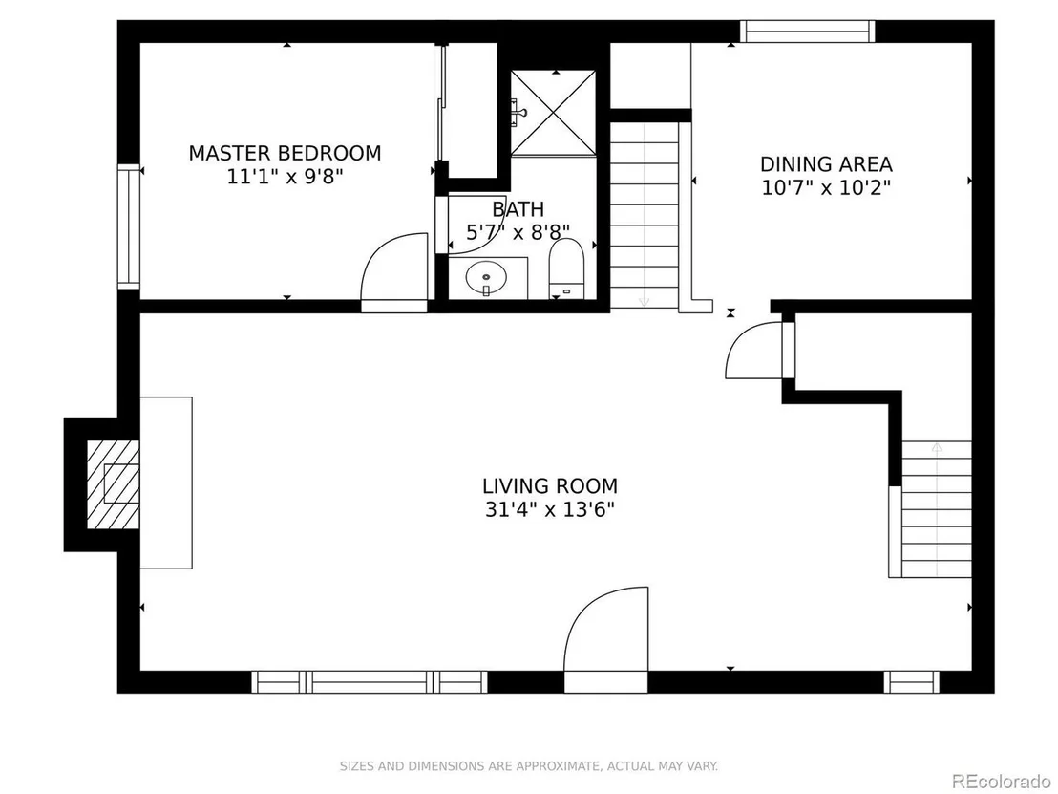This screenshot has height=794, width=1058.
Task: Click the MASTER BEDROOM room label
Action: click(x=285, y=153)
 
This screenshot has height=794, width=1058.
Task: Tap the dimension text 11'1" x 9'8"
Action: click(x=285, y=177)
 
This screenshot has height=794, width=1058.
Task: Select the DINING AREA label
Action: click(x=826, y=164)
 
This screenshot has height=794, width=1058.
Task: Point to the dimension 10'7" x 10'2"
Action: click(x=826, y=187)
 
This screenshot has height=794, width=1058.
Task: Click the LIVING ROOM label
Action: click(x=550, y=486)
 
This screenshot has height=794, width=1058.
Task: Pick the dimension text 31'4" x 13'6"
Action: click(x=550, y=509)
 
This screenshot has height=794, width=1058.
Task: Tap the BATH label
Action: click(x=518, y=209)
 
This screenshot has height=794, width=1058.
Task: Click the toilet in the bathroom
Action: click(x=566, y=268)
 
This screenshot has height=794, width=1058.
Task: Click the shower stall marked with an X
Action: click(x=553, y=113)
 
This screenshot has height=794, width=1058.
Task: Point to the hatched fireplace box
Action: click(x=114, y=484)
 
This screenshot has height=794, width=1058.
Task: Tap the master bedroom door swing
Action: click(x=394, y=272)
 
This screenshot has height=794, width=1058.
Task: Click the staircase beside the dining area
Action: click(x=645, y=215)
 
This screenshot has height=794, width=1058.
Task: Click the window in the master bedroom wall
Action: click(x=129, y=226)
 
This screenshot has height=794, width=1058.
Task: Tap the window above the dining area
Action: click(x=807, y=32)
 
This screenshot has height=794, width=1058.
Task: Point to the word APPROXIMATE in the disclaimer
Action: click(x=557, y=766)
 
